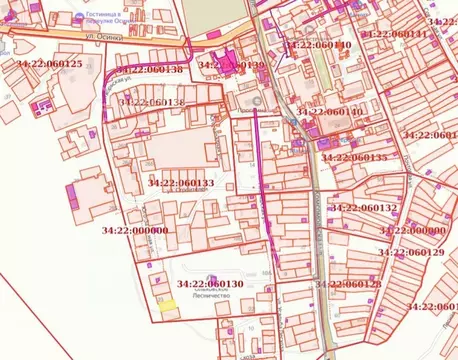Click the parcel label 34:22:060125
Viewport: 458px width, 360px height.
[x=50, y=64]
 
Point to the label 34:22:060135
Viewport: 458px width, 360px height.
[x=354, y=158]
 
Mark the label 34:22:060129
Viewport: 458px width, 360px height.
[x=411, y=253]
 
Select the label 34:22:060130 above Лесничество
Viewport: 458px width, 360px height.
[x=210, y=284]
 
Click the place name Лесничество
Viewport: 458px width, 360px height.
[x=209, y=297]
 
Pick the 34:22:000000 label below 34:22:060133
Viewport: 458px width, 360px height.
[x=135, y=230]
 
